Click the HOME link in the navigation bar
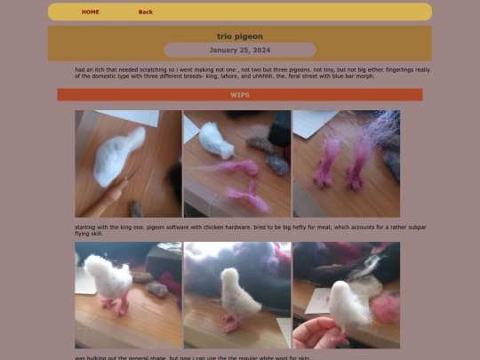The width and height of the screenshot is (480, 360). tap(91, 12)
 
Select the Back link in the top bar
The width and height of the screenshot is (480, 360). tap(146, 12)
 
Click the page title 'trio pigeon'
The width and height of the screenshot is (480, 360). tap(240, 36)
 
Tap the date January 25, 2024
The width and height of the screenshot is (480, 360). tap(240, 50)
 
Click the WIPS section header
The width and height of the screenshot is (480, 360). tap(240, 94)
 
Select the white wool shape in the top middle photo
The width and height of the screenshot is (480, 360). tap(215, 140)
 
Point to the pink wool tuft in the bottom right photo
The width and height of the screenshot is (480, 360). tap(386, 308)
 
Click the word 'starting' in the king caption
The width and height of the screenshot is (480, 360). tap(87, 227)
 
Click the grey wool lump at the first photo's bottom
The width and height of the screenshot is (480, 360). tap(136, 209)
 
